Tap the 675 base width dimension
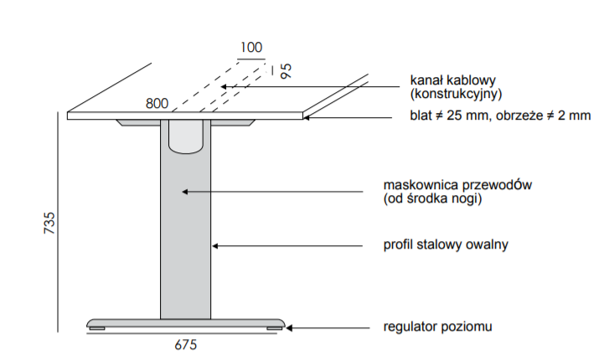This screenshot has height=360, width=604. point(185,344)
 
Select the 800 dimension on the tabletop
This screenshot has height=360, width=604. point(157,104)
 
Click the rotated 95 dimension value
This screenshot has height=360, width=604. point(286,69)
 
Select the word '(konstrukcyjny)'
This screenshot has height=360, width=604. point(457,94)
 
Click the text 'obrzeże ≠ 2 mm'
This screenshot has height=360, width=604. point(545,116)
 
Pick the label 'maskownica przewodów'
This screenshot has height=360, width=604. point(458,184)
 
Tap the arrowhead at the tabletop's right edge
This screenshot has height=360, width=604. point(307,117)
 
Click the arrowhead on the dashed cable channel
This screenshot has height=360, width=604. point(223,86)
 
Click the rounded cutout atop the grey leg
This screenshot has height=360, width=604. point(186,137)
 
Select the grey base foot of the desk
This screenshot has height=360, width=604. point(185,324)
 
